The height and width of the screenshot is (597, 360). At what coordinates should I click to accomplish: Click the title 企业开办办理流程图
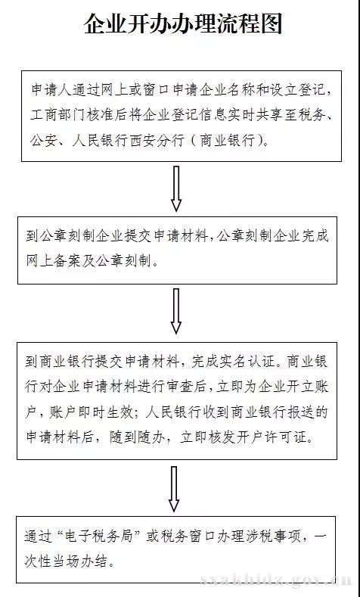pos(183,24)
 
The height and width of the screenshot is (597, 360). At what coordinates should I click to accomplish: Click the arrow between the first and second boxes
pos(175,188)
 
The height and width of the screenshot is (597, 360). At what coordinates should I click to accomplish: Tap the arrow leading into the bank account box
pos(175,311)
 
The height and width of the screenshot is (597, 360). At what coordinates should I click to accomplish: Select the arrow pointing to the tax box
pos(174,490)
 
